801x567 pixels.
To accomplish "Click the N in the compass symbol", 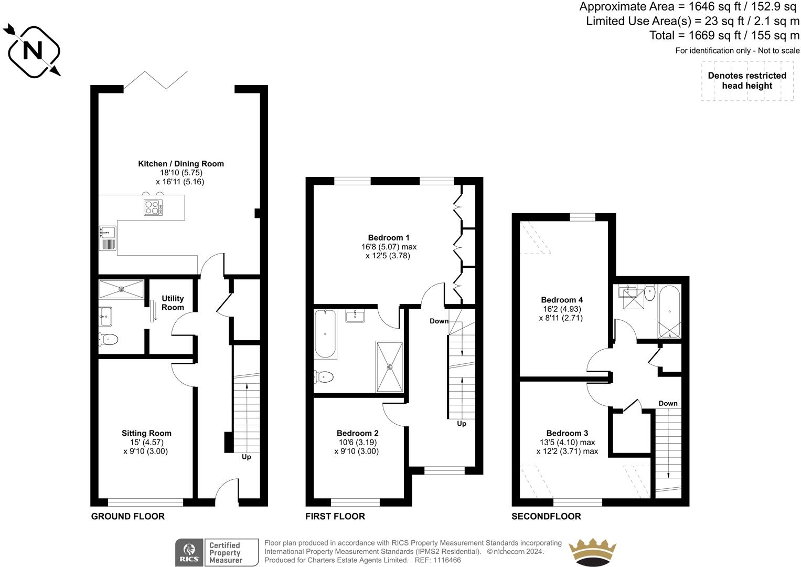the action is pos(33,50).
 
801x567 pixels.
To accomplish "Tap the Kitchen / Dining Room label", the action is pos(181,164).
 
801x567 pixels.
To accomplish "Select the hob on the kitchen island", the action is pos(153,207).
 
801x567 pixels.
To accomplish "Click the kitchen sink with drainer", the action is pos(108,238).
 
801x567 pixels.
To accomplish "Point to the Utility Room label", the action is pos(173,303).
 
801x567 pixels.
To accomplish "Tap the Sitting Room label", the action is pos(146,433).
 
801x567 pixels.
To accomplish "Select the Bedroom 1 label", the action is pos(389,238).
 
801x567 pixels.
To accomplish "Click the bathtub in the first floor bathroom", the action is pos(325,334).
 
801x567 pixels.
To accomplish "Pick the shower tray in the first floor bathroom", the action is pos(389,366).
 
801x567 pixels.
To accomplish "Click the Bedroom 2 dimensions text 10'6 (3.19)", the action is pos(358,442).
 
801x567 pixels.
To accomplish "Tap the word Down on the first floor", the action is pos(439,321).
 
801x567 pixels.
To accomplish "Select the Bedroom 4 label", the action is pos(562,300).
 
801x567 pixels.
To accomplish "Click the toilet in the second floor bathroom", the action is pos(650,293).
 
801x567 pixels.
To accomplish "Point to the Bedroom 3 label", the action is pos(567,433).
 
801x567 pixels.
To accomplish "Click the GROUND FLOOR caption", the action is pos(127,516).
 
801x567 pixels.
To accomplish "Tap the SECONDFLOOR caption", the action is pos(546,516).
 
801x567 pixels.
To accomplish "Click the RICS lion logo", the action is pos(189,552).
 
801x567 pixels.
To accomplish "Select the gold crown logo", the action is pos(592,552).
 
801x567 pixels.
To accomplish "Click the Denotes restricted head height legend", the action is pos(747,80).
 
